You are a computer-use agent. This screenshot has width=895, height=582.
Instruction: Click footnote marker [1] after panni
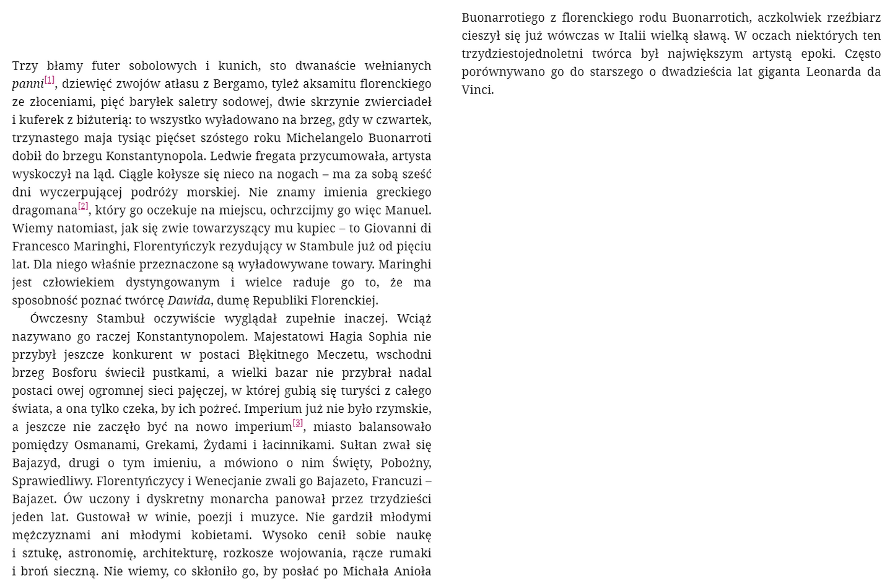tap(50, 80)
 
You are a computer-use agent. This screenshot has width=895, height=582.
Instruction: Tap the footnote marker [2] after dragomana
tap(83, 206)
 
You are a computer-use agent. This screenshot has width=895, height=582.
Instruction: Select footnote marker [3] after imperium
tap(297, 423)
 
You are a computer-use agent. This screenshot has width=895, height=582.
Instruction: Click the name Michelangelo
tap(325, 138)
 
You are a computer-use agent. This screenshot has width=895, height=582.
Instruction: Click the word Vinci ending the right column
tap(477, 90)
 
